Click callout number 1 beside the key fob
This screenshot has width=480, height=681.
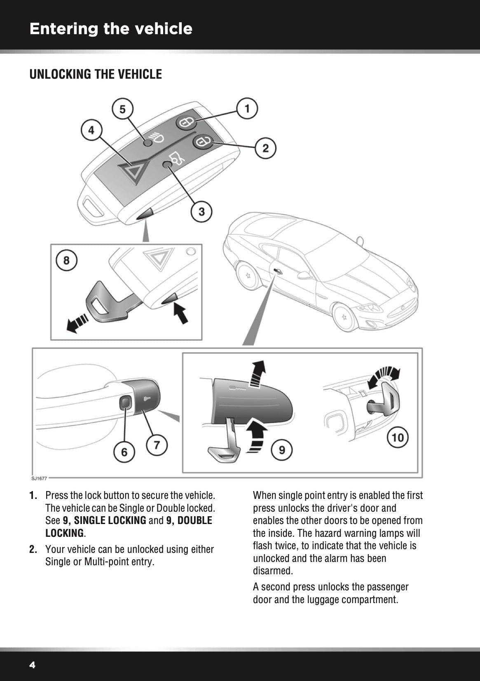(247, 109)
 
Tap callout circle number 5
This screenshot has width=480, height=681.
(122, 110)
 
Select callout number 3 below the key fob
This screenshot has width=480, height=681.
(201, 212)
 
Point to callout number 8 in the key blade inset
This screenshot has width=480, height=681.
(66, 261)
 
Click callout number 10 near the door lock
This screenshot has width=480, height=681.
(398, 437)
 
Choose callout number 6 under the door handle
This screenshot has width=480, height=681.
(124, 452)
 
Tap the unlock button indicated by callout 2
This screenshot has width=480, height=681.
(202, 142)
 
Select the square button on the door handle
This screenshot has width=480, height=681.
(125, 402)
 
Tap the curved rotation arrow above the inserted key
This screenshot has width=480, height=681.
(384, 375)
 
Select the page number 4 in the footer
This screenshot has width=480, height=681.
(33, 665)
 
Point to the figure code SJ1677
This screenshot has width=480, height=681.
(39, 478)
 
